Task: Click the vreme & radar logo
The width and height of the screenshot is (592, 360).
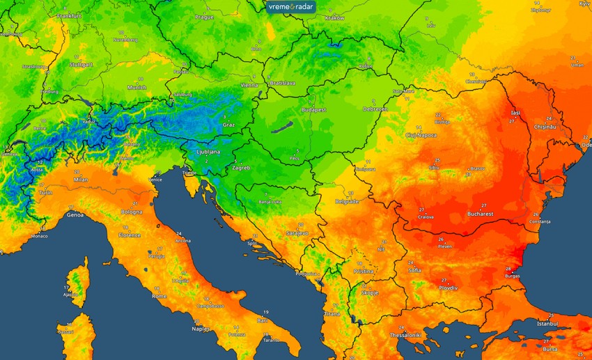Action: (x=292, y=6)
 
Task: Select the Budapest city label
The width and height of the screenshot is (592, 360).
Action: (x=313, y=109)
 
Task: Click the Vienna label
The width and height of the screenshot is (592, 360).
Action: (x=249, y=85)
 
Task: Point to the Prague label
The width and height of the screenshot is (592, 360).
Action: (x=204, y=17)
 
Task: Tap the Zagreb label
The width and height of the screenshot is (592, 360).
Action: (x=240, y=168)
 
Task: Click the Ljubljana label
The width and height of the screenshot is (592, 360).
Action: (x=208, y=151)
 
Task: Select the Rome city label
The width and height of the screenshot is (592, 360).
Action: (x=159, y=296)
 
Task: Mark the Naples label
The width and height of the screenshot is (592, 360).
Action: (x=201, y=329)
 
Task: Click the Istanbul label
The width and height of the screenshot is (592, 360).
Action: (x=547, y=323)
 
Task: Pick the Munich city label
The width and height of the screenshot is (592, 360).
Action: (x=137, y=88)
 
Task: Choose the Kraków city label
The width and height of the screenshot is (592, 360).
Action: (x=335, y=18)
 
